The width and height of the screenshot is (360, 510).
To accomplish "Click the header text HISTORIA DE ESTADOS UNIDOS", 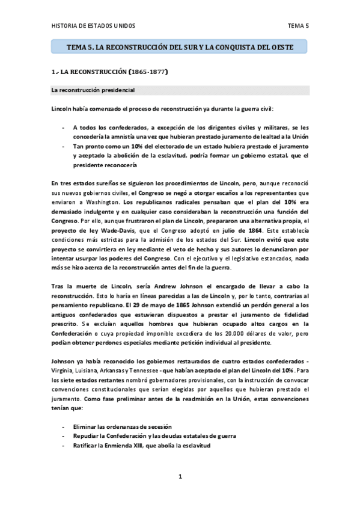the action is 93,26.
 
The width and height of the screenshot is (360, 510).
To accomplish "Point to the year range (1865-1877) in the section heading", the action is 147,72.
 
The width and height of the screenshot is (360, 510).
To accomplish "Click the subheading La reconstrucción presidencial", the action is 93,90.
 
